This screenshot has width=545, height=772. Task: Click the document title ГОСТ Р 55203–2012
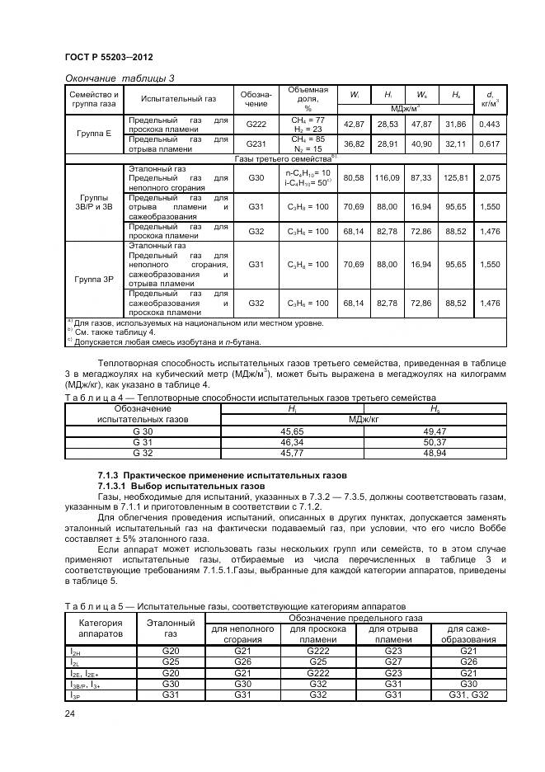tap(109, 56)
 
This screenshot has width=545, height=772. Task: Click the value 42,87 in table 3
tap(354, 123)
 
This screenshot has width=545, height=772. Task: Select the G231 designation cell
tap(256, 144)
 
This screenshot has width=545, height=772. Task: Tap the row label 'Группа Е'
tap(94, 133)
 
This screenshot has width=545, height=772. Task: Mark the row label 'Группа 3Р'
tap(94, 279)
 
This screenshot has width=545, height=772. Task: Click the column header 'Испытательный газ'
tap(179, 98)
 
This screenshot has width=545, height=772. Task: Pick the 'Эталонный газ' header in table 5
tap(170, 628)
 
